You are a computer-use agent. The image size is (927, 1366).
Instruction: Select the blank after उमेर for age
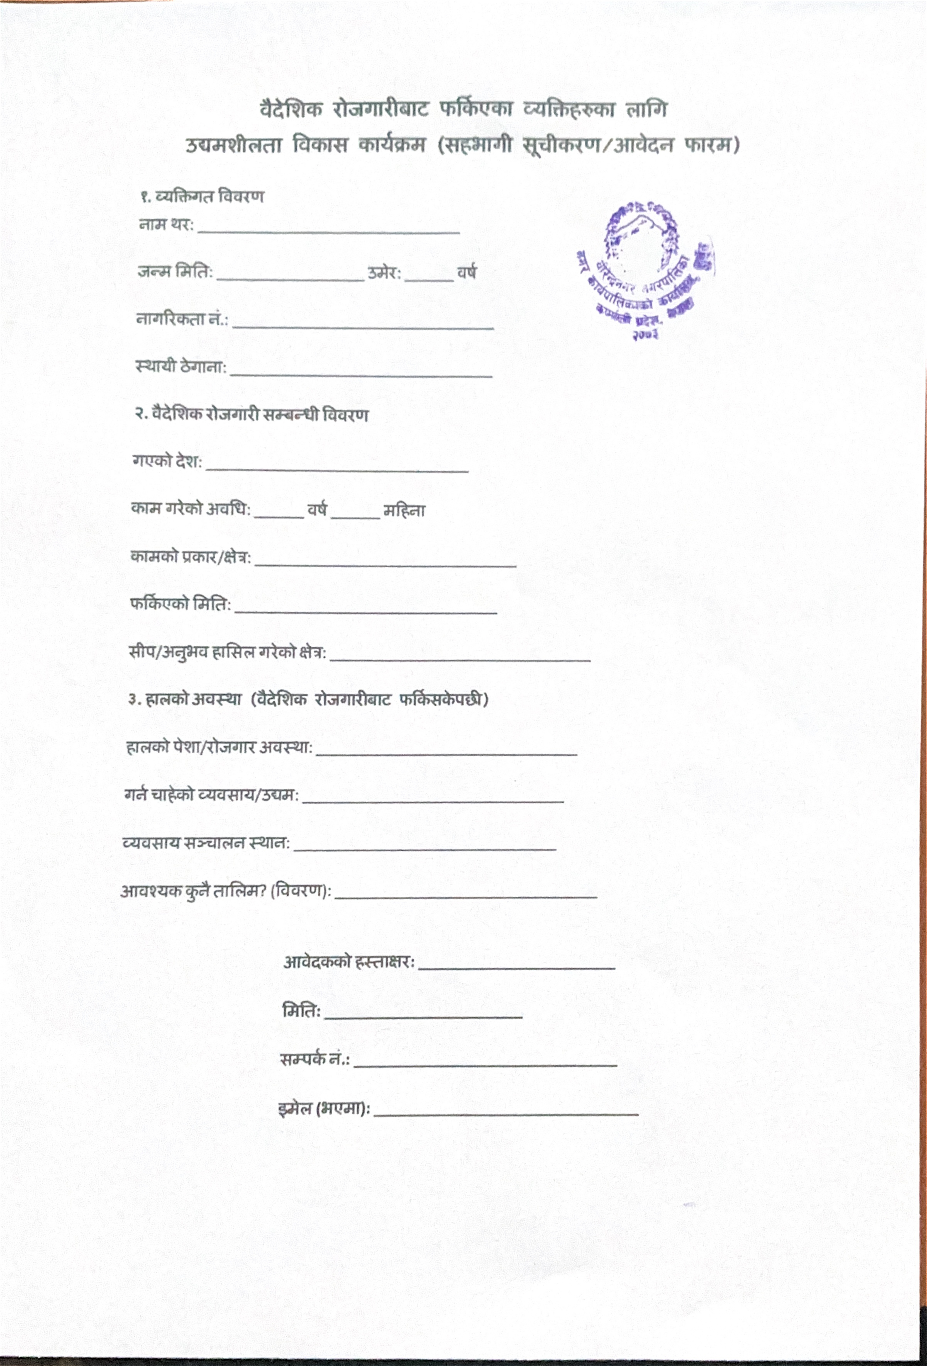coord(429,279)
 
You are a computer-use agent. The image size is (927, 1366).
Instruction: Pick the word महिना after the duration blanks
coord(404,511)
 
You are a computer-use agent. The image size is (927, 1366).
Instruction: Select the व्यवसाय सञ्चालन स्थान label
coord(206,843)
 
